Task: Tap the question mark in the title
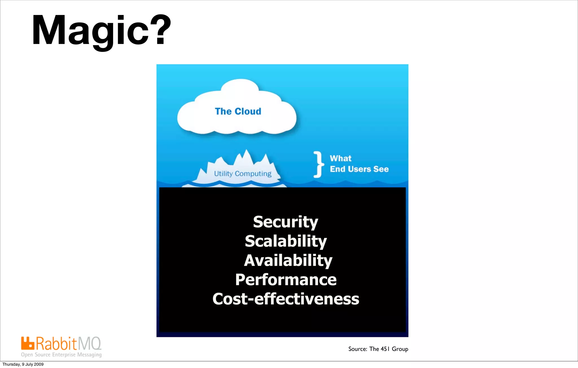pos(160,30)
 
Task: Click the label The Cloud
pos(238,111)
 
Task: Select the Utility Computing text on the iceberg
pos(243,174)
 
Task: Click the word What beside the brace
pos(341,158)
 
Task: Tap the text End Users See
pos(359,169)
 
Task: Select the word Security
pos(286,222)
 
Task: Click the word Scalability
pos(286,241)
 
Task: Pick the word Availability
pos(288,260)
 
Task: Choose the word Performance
pos(286,280)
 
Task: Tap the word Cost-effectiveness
pos(286,299)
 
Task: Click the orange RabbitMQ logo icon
pos(28,343)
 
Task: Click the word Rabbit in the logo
pos(56,344)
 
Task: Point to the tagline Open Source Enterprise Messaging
pos(61,355)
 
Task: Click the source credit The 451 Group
pos(378,349)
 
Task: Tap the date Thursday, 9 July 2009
pos(23,364)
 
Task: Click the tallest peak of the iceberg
pos(246,152)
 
